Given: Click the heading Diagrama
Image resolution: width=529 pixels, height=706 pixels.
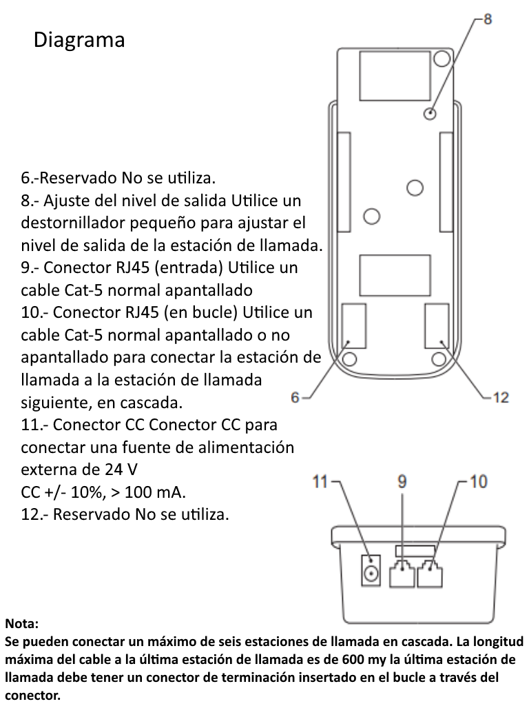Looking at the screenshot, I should coord(79,40).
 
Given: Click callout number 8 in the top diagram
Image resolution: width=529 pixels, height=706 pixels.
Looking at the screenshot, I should coord(487,19).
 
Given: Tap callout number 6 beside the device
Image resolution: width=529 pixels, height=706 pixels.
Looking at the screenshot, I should coord(296,397).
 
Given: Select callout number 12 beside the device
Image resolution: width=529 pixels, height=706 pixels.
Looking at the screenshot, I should coord(500,397).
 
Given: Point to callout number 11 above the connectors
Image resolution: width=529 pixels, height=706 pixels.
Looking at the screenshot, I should coord(321,482).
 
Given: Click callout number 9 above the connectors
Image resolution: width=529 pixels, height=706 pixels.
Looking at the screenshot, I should coord(403,482).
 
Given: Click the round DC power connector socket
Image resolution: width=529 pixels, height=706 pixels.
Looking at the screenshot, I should coord(372,574).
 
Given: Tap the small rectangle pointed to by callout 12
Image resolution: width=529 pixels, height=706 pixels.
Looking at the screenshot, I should coord(437,325).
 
